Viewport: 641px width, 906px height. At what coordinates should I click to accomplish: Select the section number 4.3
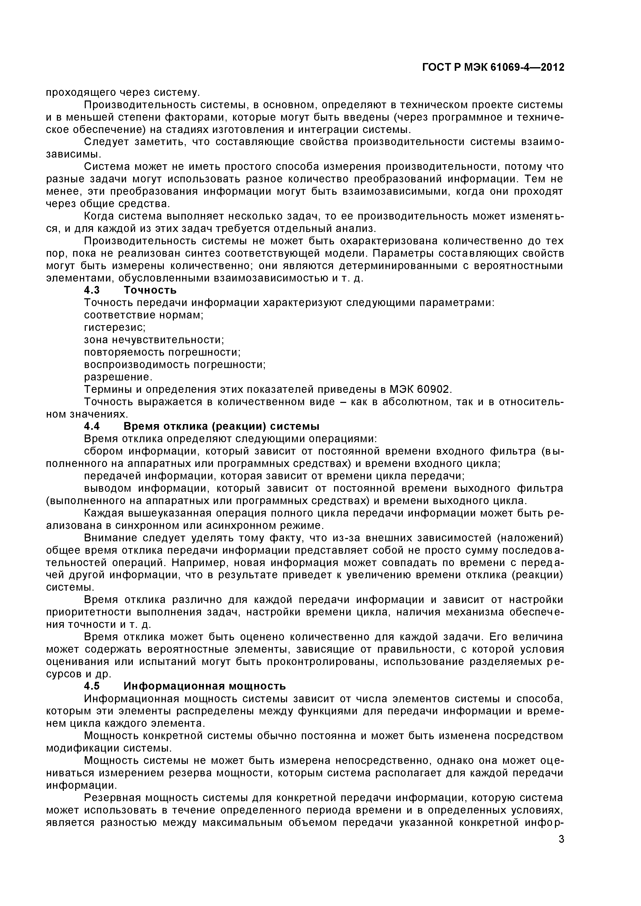92,291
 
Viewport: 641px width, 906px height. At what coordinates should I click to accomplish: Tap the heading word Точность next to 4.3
150,291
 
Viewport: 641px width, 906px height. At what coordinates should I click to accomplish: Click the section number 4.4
92,427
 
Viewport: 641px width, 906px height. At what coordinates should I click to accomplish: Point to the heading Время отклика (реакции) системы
221,427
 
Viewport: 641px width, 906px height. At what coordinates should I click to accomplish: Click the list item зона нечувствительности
154,340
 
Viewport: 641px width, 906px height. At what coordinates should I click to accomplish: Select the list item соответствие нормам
144,315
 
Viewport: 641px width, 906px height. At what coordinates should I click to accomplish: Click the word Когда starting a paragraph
99,216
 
